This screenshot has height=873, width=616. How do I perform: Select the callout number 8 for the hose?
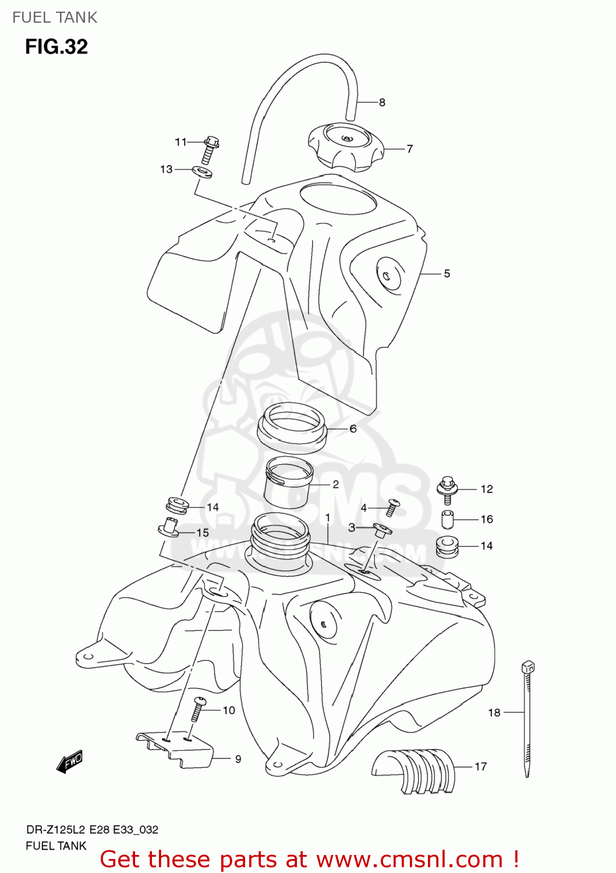[x=382, y=102]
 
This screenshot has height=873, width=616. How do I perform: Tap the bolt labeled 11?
[x=210, y=149]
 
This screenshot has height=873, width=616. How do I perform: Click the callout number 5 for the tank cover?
[x=447, y=274]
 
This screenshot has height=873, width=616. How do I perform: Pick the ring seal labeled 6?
[x=292, y=430]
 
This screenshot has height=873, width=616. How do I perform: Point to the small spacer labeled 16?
[x=447, y=519]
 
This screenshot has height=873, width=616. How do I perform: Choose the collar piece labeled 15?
[x=169, y=527]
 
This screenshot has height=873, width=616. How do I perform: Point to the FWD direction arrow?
[x=70, y=761]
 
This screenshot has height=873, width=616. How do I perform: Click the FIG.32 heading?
[x=56, y=47]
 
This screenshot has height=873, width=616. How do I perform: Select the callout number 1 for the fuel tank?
[x=328, y=517]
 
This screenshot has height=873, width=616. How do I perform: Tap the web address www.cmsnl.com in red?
[x=411, y=859]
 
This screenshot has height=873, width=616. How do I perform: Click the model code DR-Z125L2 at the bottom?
[x=56, y=830]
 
